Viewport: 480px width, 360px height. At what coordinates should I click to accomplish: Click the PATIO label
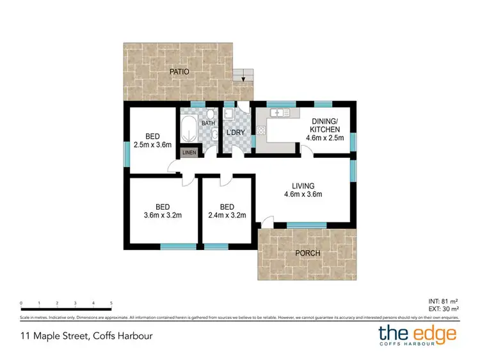pyautogui.click(x=179, y=72)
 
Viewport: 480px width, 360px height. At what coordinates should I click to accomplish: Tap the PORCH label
pyautogui.click(x=307, y=253)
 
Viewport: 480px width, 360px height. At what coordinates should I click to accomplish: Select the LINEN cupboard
pyautogui.click(x=189, y=153)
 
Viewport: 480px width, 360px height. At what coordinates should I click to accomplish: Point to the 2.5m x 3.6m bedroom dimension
pyautogui.click(x=152, y=145)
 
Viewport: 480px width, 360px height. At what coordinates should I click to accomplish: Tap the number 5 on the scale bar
pyautogui.click(x=111, y=304)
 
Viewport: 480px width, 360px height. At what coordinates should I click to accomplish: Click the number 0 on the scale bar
pyautogui.click(x=21, y=304)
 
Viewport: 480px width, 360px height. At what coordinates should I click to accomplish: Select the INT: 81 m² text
pyautogui.click(x=442, y=301)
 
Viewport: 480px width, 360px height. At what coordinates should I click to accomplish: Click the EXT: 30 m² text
pyautogui.click(x=442, y=308)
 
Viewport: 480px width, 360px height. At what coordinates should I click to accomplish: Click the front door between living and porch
pyautogui.click(x=266, y=224)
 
